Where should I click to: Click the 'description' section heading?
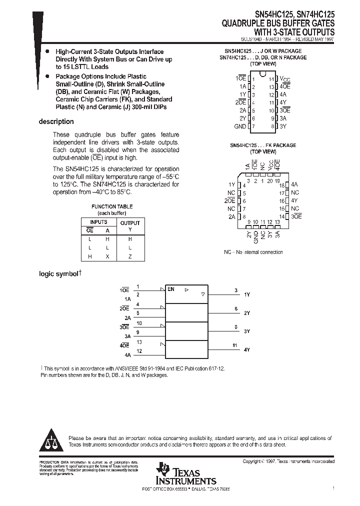[x=56, y=121]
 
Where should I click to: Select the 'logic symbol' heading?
[x=59, y=274]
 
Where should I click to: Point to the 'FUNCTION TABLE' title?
[x=112, y=206]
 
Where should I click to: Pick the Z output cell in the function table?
[x=130, y=256]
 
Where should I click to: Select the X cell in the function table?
[x=107, y=256]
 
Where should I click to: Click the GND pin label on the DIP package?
[x=240, y=126]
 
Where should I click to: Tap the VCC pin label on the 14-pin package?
[x=284, y=79]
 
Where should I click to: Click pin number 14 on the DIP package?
[x=271, y=79]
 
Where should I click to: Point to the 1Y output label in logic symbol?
[x=246, y=295]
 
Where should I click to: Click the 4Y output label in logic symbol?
[x=246, y=350]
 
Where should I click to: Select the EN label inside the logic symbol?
[x=171, y=289]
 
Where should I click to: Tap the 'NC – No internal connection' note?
[x=253, y=252]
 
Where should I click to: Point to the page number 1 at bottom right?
[x=333, y=487]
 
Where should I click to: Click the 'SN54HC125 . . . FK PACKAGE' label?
[x=263, y=145]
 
